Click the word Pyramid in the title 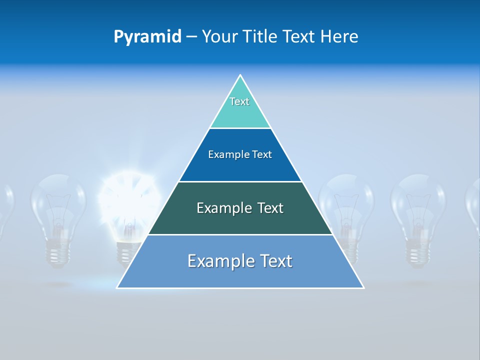click(x=147, y=36)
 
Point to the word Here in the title click(x=339, y=36)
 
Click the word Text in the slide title click(x=300, y=36)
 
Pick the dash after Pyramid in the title click(x=191, y=37)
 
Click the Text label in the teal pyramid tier click(x=239, y=101)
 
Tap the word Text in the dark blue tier click(x=262, y=155)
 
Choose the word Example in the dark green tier click(x=223, y=208)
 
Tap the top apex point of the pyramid click(x=240, y=75)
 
